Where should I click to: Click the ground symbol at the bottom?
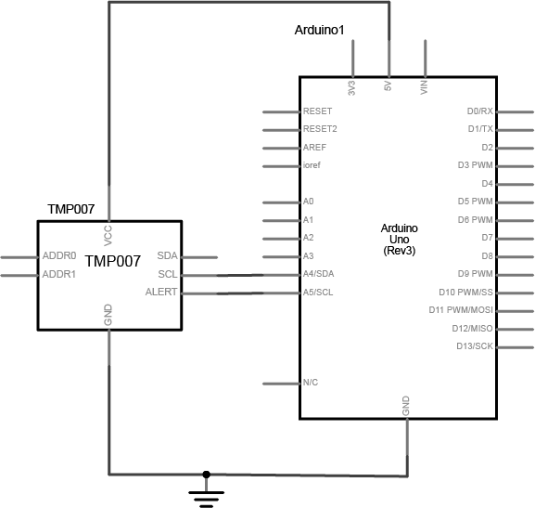tap(206, 499)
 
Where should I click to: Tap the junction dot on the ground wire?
tap(206, 475)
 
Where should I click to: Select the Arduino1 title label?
tap(319, 30)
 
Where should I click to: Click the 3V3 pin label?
tap(351, 88)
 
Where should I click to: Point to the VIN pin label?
tap(424, 87)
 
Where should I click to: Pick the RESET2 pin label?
tap(320, 129)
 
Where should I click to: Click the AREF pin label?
tap(314, 148)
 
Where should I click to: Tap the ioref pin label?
tap(312, 165)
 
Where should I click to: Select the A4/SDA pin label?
tap(318, 274)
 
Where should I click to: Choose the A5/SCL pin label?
tap(318, 293)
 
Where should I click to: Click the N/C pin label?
tap(311, 383)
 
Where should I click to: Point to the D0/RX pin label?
tap(480, 111)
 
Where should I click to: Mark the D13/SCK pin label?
tap(475, 346)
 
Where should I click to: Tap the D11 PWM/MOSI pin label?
tap(461, 310)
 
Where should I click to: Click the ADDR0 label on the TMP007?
tap(59, 255)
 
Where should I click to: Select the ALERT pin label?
tap(161, 292)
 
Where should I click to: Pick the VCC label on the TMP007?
tap(108, 236)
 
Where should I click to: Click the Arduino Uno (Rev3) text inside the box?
tap(400, 240)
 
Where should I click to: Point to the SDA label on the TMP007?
tap(167, 255)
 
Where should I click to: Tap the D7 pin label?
tap(487, 237)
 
